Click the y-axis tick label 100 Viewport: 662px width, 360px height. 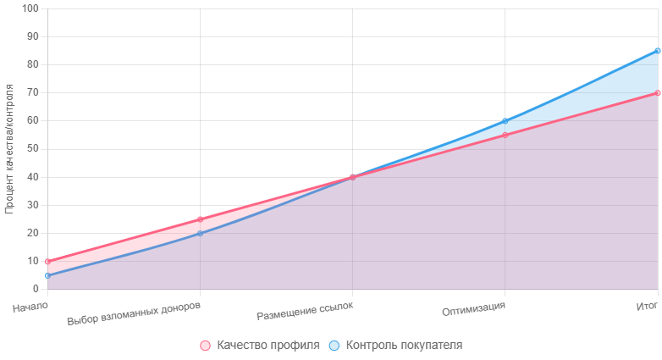pos(30,8)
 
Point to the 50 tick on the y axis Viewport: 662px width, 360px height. pos(33,149)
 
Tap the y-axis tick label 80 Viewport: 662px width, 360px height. pos(33,64)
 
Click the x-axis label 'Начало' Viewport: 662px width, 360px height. pos(30,307)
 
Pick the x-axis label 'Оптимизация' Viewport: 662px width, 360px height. pos(473,308)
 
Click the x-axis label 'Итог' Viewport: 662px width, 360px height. pos(647,306)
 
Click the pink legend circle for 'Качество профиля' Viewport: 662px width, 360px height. pos(205,346)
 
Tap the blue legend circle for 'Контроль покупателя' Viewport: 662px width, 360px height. pos(334,346)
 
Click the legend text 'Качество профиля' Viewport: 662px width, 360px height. pos(268,346)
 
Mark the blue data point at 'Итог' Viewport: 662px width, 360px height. pos(658,51)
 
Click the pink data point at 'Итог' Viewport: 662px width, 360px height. pos(658,93)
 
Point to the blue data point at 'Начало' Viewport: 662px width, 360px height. pos(47,275)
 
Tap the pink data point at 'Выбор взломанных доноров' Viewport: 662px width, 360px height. pos(200,219)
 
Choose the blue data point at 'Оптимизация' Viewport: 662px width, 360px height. pos(505,121)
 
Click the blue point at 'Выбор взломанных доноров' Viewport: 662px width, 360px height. pos(200,233)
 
